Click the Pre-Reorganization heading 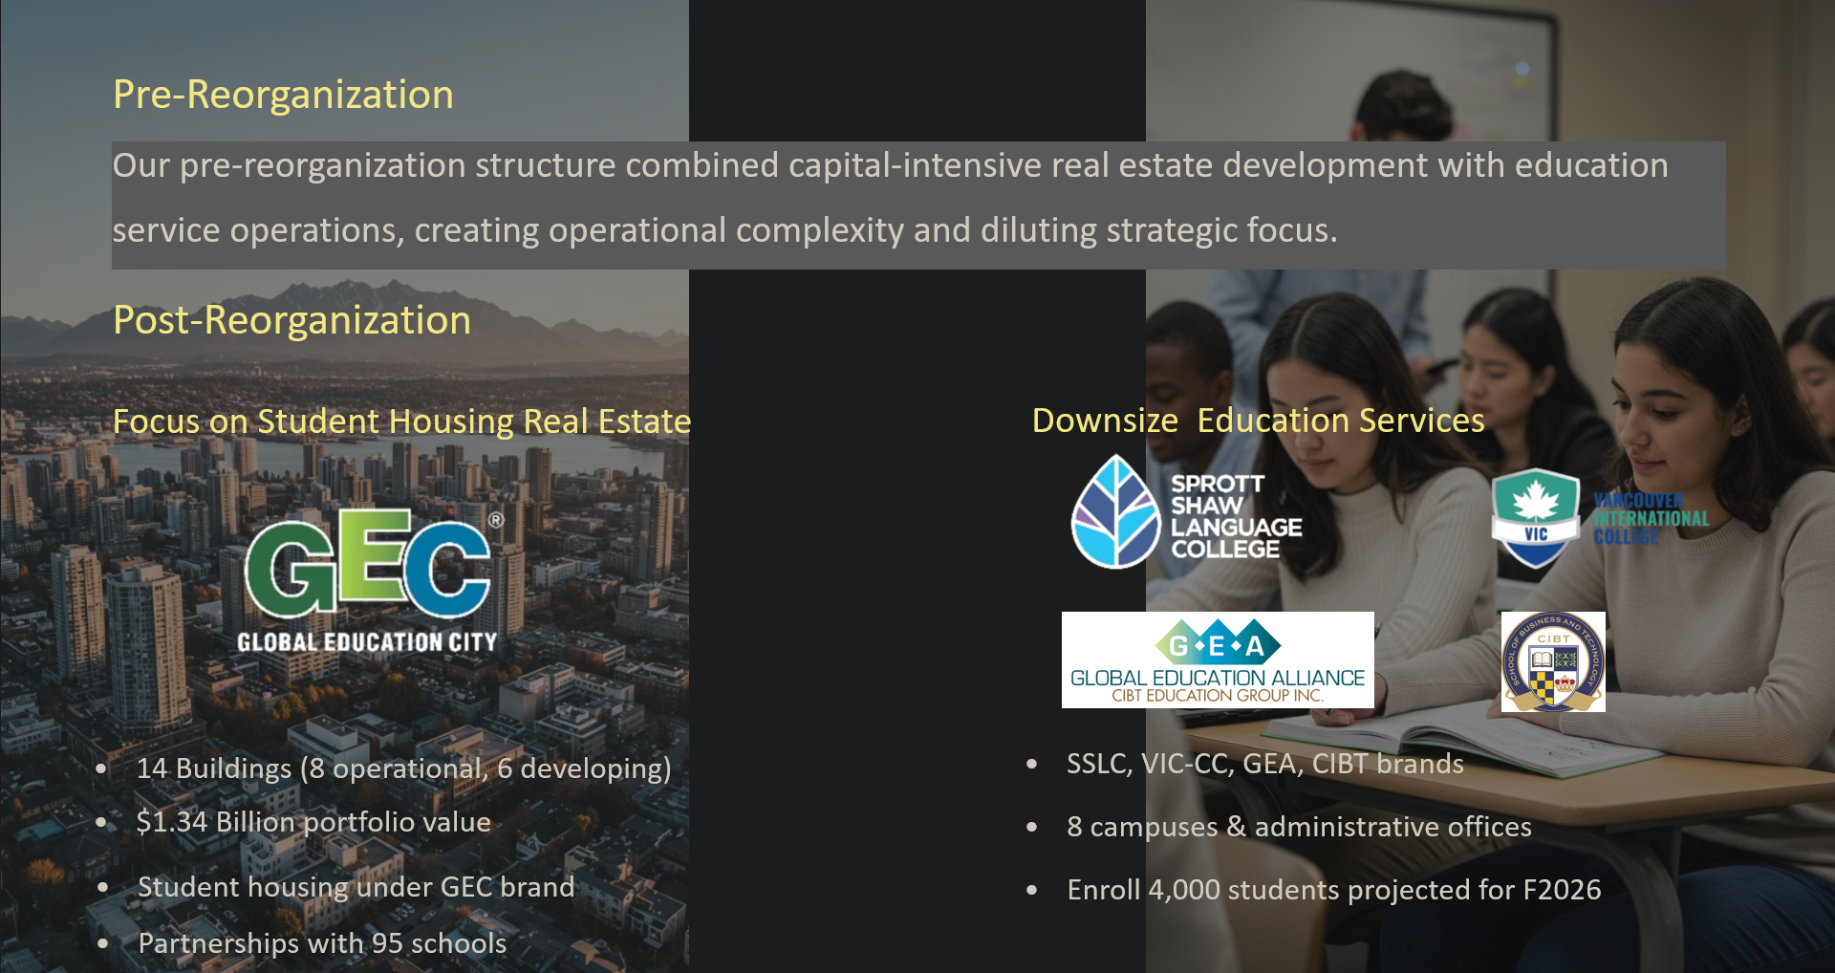(283, 95)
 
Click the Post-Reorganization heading (291, 320)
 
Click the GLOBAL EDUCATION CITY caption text (367, 642)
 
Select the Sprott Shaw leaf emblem (1115, 512)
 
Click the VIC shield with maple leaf (1535, 517)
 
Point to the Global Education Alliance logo (1218, 659)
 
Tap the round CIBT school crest (1553, 661)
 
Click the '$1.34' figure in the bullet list (171, 822)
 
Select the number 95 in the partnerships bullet (387, 943)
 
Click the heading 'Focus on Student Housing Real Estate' (401, 422)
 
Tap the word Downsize (1105, 421)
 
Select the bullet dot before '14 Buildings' (101, 768)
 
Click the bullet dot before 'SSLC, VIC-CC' (1031, 764)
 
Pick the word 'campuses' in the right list (1154, 827)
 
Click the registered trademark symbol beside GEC (496, 521)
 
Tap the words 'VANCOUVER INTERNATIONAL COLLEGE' (1651, 519)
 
